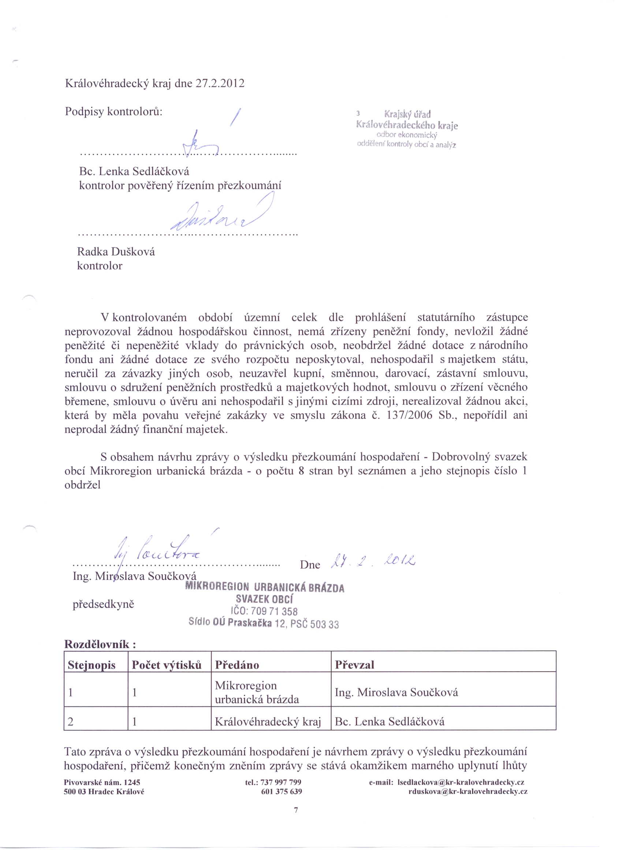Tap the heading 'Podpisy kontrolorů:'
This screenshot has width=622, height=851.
pyautogui.click(x=114, y=111)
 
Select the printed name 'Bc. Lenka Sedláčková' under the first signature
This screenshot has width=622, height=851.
pyautogui.click(x=134, y=171)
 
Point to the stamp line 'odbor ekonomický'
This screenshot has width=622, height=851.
pyautogui.click(x=407, y=135)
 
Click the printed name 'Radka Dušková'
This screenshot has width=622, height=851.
pyautogui.click(x=116, y=252)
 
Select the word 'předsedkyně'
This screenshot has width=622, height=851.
pyautogui.click(x=104, y=604)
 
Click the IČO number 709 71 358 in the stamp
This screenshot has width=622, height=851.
pyautogui.click(x=274, y=611)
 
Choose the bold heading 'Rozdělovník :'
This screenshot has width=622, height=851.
pyautogui.click(x=100, y=644)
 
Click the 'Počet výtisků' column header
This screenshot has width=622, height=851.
pyautogui.click(x=167, y=665)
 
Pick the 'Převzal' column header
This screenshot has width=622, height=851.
pyautogui.click(x=354, y=665)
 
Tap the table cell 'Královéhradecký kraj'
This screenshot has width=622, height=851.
pyautogui.click(x=268, y=721)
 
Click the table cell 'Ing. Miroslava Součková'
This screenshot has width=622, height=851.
pyautogui.click(x=396, y=692)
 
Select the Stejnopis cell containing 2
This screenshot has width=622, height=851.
pyautogui.click(x=70, y=721)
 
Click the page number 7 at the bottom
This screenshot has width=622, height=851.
pyautogui.click(x=296, y=810)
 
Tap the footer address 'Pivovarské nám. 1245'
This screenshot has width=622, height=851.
pyautogui.click(x=102, y=782)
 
